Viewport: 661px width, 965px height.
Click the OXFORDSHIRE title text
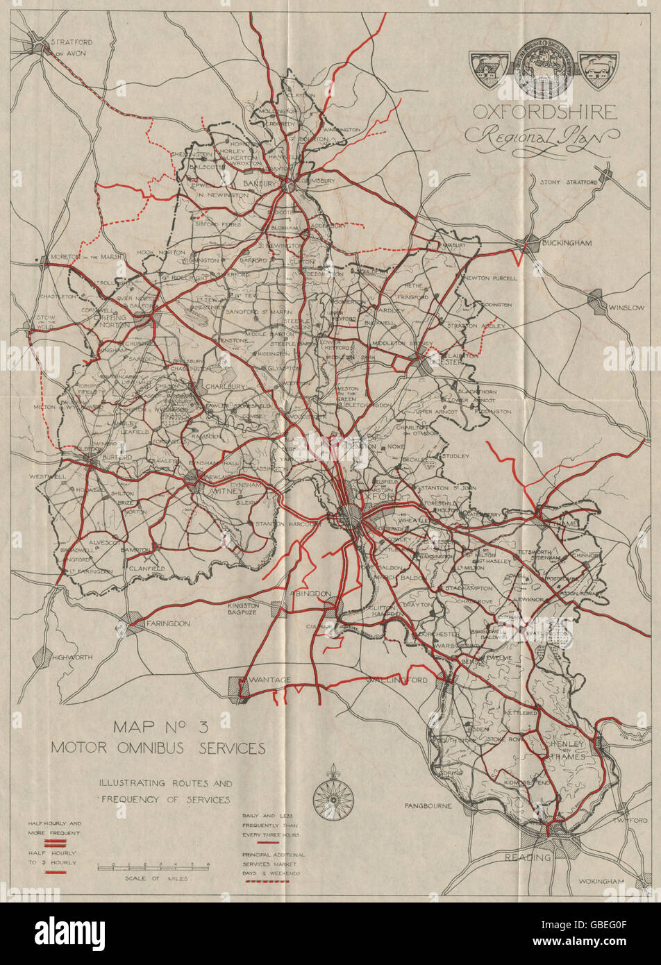(544, 112)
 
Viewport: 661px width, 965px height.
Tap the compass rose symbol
(333, 799)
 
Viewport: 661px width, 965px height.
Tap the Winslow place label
(626, 307)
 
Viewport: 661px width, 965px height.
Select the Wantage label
(271, 680)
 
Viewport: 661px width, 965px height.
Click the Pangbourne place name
(428, 805)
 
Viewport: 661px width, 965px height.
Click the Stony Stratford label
(569, 182)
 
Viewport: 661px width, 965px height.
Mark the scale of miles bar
(153, 866)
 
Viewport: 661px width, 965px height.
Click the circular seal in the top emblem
(544, 68)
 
